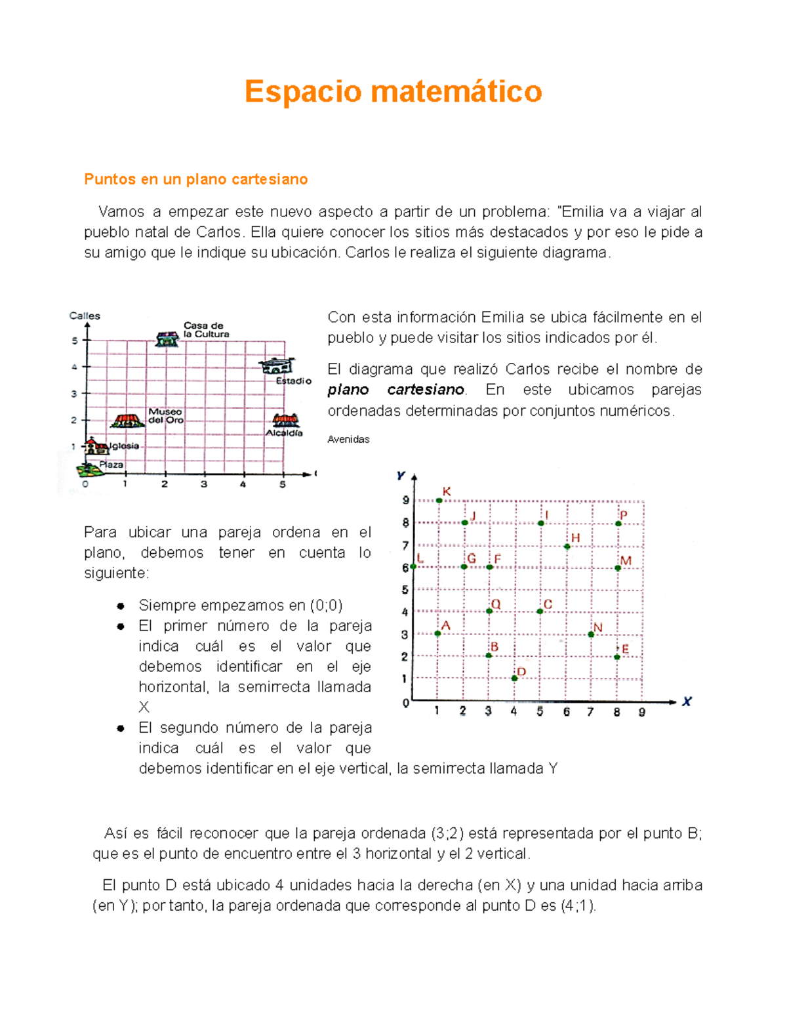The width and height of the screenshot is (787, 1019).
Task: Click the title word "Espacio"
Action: click(x=302, y=91)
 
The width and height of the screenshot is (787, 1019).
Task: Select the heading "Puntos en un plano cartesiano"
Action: click(x=195, y=179)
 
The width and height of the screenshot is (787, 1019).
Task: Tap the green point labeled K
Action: click(x=439, y=501)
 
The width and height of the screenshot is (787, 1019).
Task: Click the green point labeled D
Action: click(x=515, y=678)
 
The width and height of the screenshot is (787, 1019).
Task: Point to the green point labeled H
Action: click(x=567, y=546)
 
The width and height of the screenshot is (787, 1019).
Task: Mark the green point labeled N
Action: click(x=591, y=634)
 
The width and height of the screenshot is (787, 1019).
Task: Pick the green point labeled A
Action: click(x=438, y=633)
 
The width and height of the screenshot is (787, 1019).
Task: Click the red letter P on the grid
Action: click(x=624, y=516)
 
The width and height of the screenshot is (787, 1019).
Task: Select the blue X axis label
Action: click(x=687, y=701)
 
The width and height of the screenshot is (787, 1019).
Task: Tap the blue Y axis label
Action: click(x=401, y=476)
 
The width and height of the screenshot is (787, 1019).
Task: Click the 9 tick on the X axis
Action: click(x=642, y=712)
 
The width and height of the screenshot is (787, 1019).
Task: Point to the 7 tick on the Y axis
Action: click(x=405, y=545)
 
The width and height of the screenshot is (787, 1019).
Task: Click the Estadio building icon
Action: click(x=277, y=365)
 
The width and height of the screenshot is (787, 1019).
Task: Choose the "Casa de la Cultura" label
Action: click(x=206, y=329)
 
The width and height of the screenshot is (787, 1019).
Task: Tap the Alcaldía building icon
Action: click(x=286, y=420)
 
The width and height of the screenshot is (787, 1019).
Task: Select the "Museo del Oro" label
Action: click(x=165, y=416)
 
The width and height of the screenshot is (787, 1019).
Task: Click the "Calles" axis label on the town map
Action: click(x=85, y=316)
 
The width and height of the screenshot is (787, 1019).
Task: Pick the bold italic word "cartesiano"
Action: click(x=426, y=390)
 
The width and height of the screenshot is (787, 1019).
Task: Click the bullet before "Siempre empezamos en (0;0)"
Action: click(x=121, y=606)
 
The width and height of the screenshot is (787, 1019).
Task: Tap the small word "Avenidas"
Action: click(x=348, y=439)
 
